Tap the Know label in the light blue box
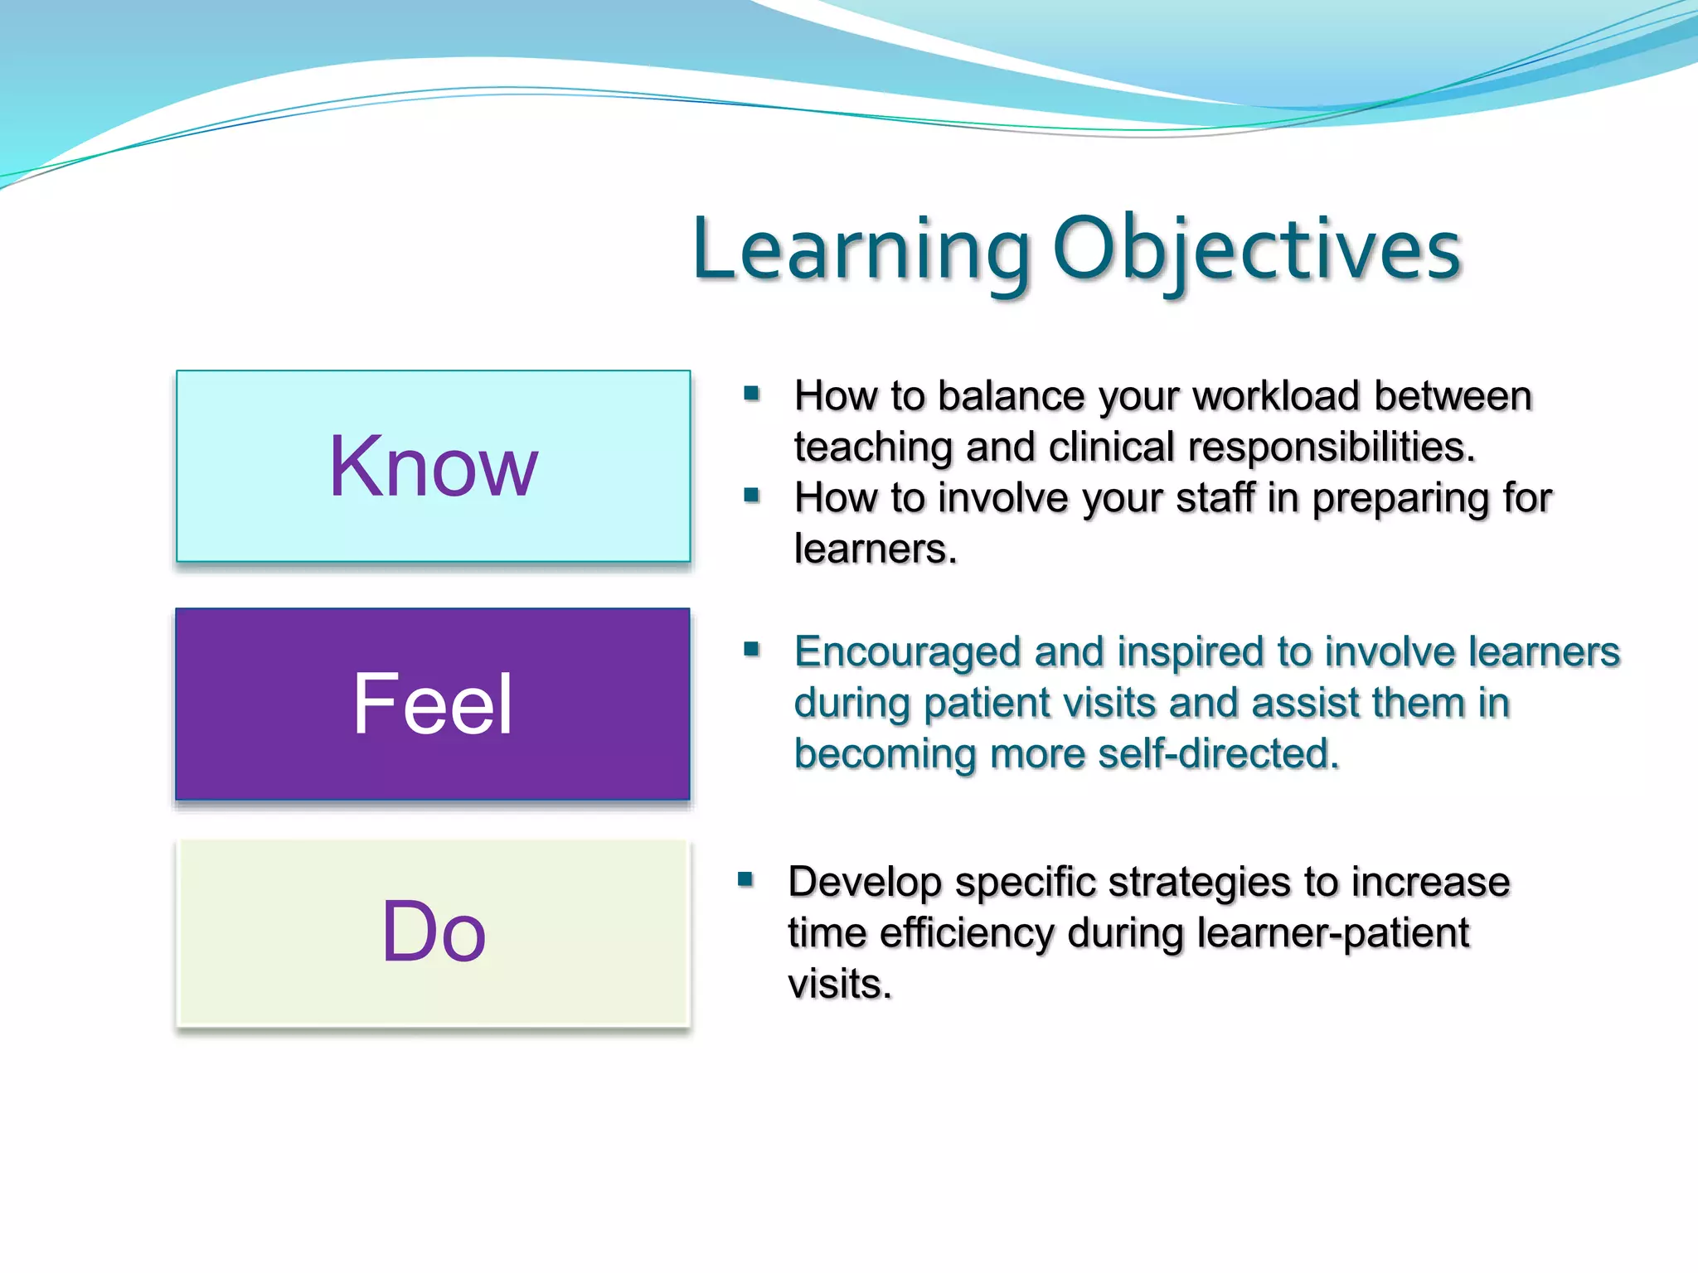[x=433, y=467]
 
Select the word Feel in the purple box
[x=433, y=704]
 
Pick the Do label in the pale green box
[x=433, y=932]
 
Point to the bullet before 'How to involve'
[x=752, y=496]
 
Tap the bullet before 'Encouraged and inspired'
[x=752, y=649]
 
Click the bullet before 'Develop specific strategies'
[x=745, y=879]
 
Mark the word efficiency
[x=966, y=934]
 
